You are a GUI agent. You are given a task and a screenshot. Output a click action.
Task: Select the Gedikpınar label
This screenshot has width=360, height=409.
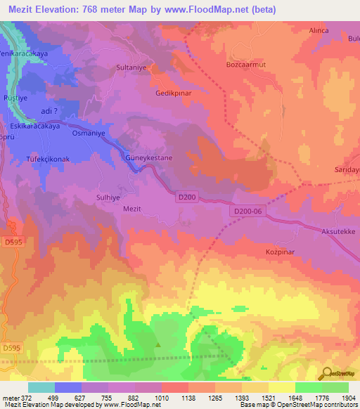click(x=174, y=93)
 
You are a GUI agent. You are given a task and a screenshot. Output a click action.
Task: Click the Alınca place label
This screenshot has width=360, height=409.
click(x=320, y=31)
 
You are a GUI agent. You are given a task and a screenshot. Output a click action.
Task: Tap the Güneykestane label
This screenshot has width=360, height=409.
click(x=148, y=159)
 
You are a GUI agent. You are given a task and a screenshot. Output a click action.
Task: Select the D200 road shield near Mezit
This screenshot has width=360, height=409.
click(x=186, y=198)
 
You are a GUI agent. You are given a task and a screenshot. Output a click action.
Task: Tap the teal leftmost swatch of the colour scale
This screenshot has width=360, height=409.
click(x=41, y=387)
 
